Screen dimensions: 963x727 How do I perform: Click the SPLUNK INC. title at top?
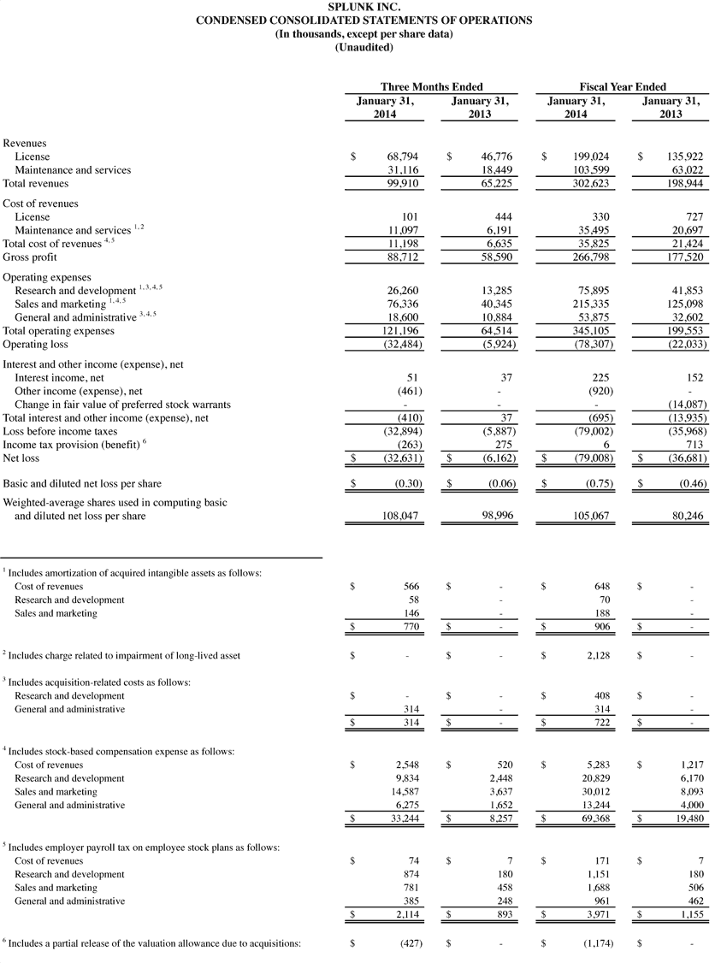pyautogui.click(x=363, y=7)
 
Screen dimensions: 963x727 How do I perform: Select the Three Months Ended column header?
pyautogui.click(x=431, y=86)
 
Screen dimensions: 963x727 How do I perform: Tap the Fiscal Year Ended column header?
pyautogui.click(x=623, y=86)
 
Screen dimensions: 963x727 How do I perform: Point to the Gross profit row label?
pyautogui.click(x=27, y=257)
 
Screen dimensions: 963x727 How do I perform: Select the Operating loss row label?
pyautogui.click(x=33, y=344)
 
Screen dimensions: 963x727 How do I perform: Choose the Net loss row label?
pyautogui.click(x=23, y=458)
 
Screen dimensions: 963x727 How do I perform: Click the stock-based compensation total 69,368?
pyautogui.click(x=593, y=818)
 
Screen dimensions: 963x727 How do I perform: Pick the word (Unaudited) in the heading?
pyautogui.click(x=363, y=46)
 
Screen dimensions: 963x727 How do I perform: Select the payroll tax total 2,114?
pyautogui.click(x=403, y=914)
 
